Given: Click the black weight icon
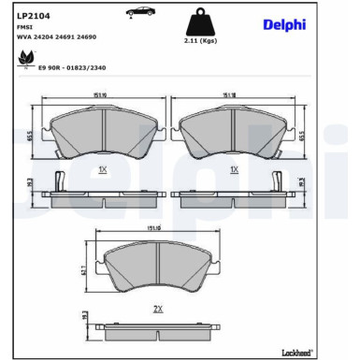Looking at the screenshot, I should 201,24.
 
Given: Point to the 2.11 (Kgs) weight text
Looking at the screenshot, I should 201,42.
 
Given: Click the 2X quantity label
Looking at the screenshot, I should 159,308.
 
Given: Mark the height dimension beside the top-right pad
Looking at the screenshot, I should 302,134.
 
